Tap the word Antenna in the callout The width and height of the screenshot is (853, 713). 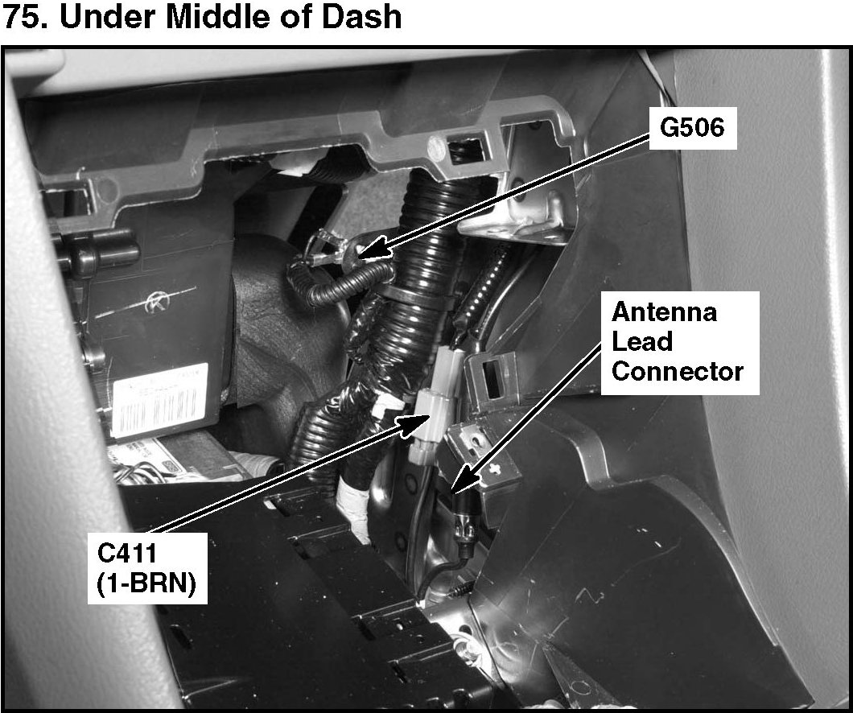pyautogui.click(x=664, y=311)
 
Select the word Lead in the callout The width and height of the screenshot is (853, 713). pyautogui.click(x=641, y=341)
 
